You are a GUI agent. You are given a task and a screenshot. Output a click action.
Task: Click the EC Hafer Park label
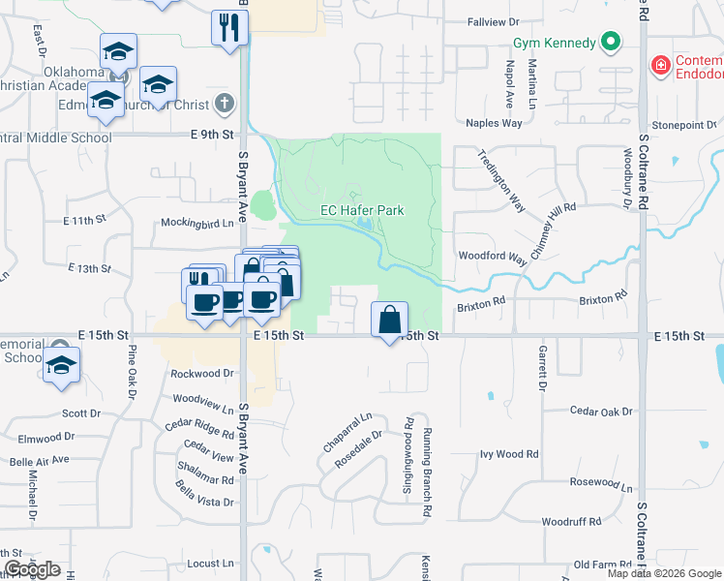click(362, 210)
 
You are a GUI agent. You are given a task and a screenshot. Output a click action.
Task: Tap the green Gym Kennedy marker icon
click(610, 43)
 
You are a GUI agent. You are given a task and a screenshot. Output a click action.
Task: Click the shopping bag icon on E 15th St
click(389, 319)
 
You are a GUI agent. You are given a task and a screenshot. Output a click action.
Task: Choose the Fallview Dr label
click(494, 21)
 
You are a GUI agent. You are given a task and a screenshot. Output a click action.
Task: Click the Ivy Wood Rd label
click(509, 453)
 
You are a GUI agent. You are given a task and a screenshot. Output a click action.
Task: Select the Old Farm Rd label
click(602, 564)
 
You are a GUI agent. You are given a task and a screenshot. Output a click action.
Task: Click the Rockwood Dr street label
click(202, 373)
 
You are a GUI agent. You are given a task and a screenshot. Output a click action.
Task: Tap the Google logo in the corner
click(32, 569)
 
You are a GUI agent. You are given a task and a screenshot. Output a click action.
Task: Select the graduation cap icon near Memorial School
click(62, 366)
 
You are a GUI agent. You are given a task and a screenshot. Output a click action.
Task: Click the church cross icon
click(224, 102)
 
